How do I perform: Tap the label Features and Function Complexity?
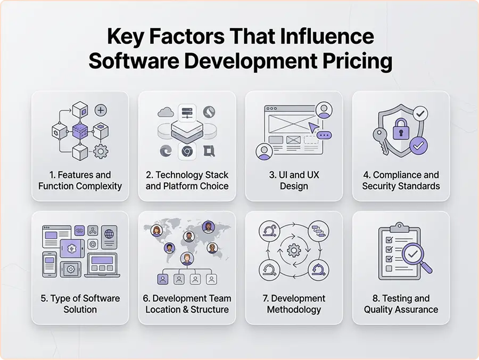pos(80,181)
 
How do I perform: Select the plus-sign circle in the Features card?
pos(101,110)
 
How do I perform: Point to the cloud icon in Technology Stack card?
pos(165,113)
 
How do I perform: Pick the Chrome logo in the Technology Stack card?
pos(187,151)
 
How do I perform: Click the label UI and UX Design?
pos(294,181)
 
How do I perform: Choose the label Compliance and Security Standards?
pos(401,181)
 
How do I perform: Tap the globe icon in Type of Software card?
pos(110,234)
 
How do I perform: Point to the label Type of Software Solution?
pos(80,304)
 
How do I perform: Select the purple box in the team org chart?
pos(163,279)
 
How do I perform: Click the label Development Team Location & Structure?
pos(187,304)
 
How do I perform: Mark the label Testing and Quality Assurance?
pos(401,304)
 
